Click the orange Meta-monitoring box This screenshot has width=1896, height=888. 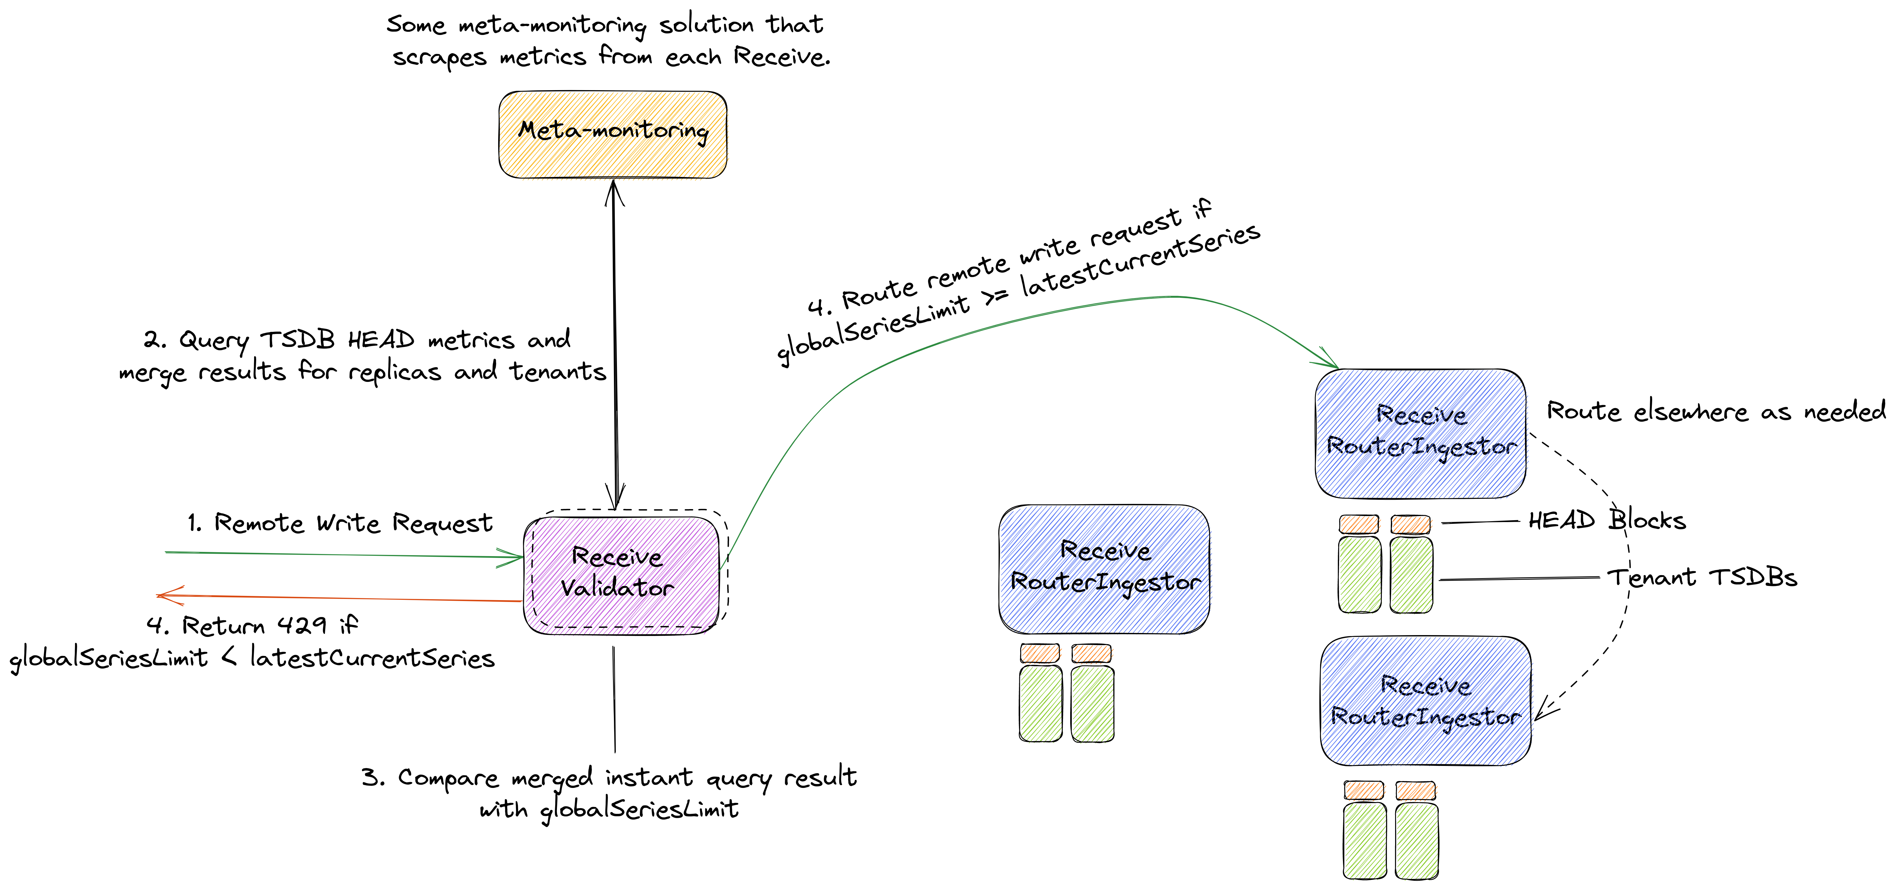(612, 134)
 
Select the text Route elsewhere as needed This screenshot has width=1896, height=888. (1715, 411)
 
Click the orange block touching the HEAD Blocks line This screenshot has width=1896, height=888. (1410, 524)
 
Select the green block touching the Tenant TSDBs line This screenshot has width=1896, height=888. (1411, 575)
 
